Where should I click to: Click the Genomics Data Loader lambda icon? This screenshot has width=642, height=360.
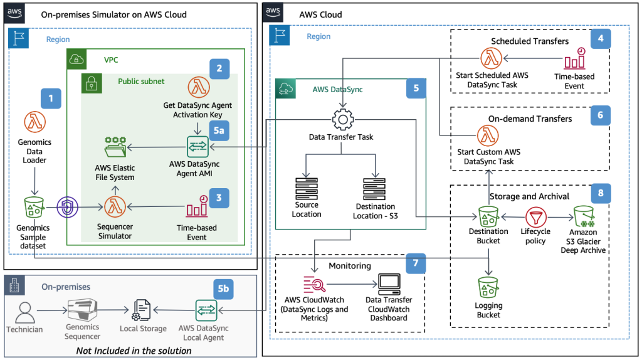point(34,122)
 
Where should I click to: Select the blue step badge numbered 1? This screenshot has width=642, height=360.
point(51,98)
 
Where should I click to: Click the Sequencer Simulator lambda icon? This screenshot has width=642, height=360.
point(115,205)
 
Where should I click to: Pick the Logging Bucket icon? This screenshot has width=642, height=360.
point(488,288)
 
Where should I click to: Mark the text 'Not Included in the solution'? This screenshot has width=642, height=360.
point(134,350)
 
